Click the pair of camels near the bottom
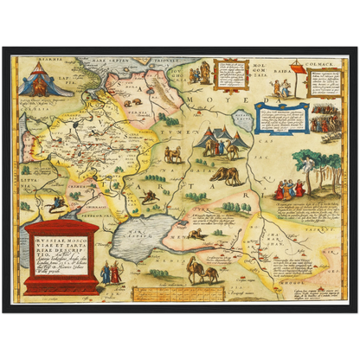[203, 273]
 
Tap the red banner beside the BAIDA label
[296, 67]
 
